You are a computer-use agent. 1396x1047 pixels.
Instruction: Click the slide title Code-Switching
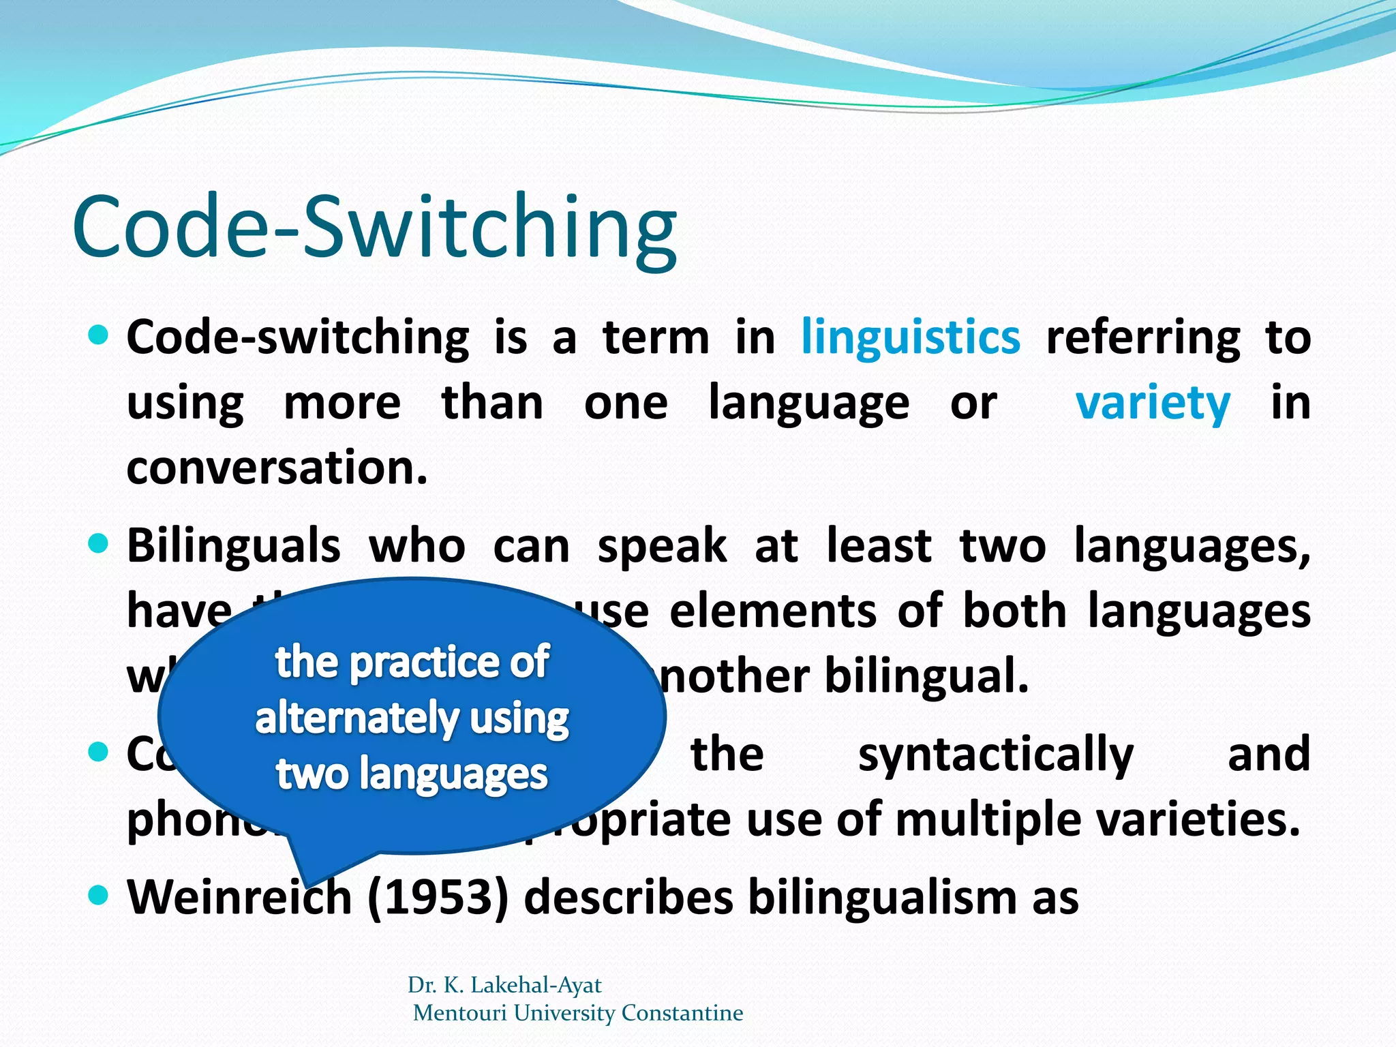click(x=374, y=228)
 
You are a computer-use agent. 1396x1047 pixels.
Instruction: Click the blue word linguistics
click(x=911, y=338)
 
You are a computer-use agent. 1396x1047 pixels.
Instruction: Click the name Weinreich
click(x=239, y=897)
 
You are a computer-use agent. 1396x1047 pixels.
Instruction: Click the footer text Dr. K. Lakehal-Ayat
click(x=504, y=985)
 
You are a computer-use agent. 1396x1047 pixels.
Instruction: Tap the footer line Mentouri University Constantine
click(x=578, y=1013)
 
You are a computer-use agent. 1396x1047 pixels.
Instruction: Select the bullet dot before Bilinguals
click(x=99, y=543)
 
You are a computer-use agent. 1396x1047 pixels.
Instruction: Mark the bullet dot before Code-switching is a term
click(x=99, y=335)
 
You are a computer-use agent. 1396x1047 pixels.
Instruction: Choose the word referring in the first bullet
click(x=1143, y=338)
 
